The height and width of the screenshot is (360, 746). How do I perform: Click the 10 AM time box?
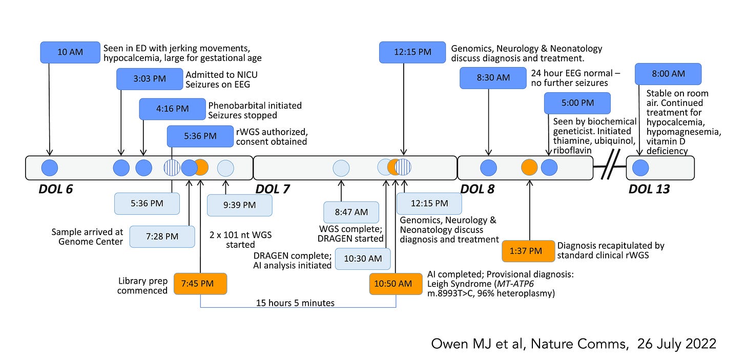70,52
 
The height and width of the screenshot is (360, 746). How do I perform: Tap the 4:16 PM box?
172,109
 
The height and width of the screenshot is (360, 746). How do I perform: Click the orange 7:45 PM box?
200,283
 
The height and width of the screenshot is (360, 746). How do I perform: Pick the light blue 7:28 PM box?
162,236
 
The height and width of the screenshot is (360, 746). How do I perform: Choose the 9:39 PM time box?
239,205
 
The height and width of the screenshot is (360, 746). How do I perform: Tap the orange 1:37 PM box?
528,250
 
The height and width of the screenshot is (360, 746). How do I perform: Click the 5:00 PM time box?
577,103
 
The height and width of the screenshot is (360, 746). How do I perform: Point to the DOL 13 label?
649,189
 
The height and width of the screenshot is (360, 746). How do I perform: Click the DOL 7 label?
272,189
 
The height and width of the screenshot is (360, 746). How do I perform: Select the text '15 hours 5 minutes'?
295,303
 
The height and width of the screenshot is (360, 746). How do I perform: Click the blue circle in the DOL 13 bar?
641,168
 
